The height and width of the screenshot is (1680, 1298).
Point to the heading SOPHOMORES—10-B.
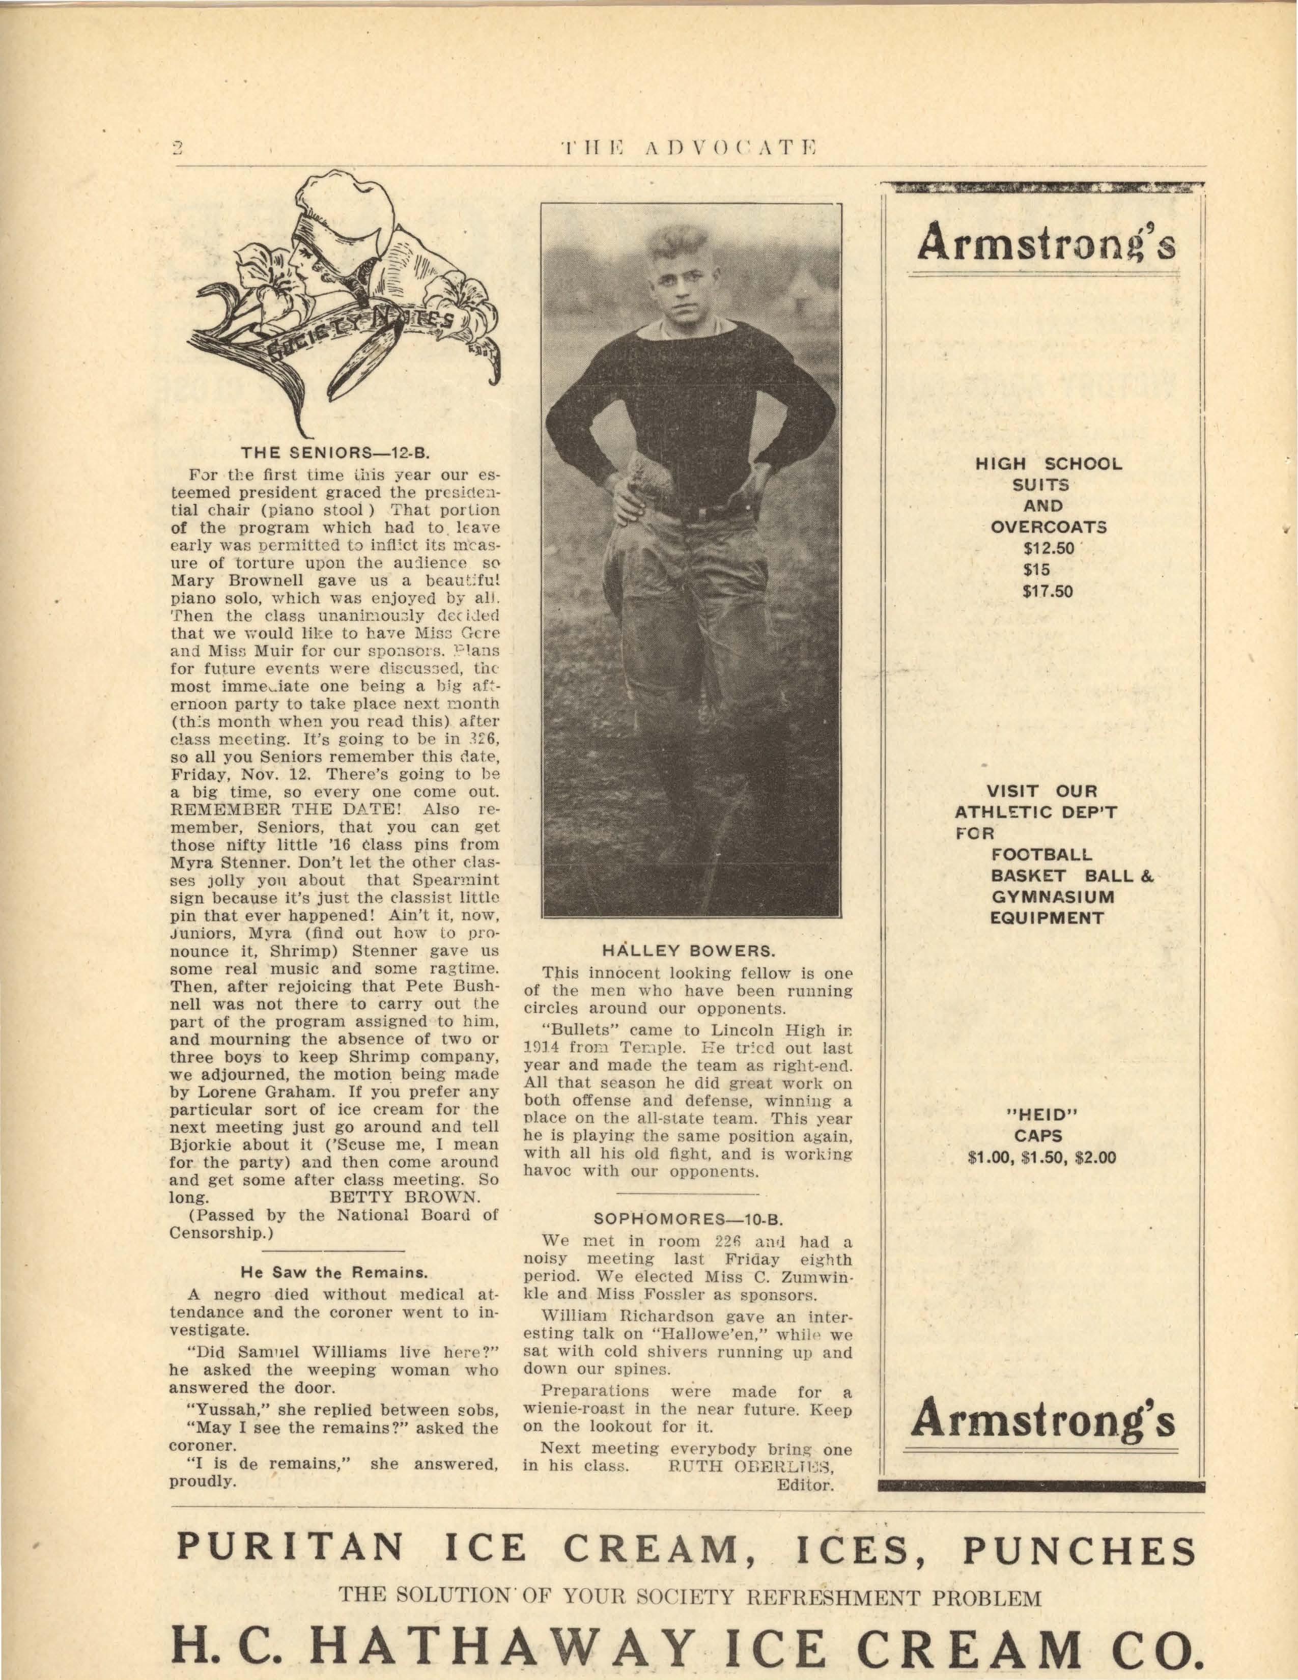pos(688,1219)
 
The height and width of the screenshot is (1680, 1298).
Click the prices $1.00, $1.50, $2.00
pos(1041,1157)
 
